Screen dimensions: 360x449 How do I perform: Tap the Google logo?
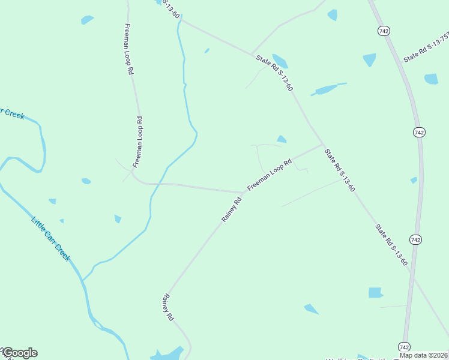click(x=19, y=353)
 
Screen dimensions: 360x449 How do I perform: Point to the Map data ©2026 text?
click(x=424, y=355)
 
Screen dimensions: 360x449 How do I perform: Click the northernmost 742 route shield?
click(x=384, y=29)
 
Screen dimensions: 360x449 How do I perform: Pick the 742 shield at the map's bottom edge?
click(x=404, y=346)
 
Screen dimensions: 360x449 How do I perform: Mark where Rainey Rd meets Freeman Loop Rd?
click(x=243, y=193)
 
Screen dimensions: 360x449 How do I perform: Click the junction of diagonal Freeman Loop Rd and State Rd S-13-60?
click(x=324, y=145)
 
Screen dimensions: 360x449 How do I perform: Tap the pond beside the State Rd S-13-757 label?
click(x=431, y=79)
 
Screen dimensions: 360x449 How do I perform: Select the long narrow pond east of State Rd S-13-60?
click(x=328, y=89)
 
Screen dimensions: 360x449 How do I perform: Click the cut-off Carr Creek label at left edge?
click(x=12, y=113)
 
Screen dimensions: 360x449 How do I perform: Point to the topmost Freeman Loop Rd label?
click(x=128, y=49)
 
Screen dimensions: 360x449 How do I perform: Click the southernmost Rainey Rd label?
click(x=167, y=307)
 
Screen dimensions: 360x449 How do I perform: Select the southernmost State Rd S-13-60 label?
click(x=391, y=245)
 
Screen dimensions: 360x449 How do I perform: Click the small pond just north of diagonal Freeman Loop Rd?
click(x=281, y=139)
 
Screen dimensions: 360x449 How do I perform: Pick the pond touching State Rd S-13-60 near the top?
click(x=279, y=61)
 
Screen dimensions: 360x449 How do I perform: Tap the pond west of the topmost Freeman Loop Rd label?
click(x=88, y=20)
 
